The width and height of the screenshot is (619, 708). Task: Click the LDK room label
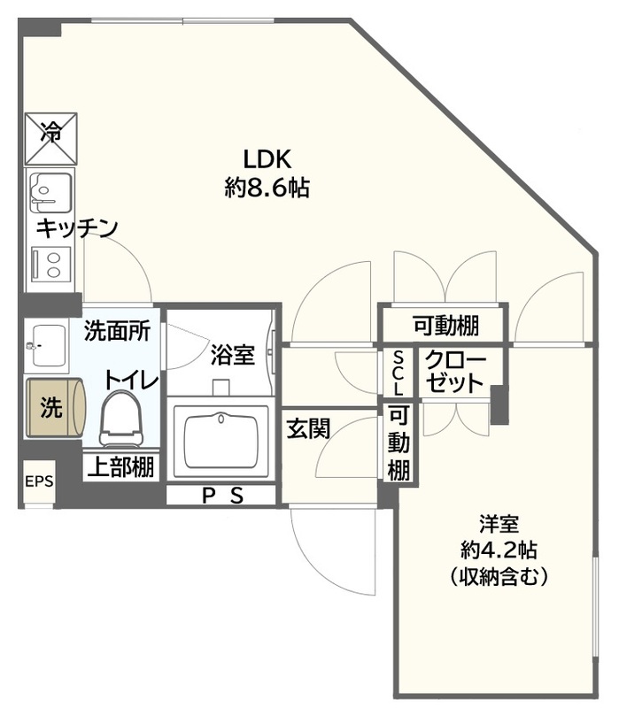pos(267,159)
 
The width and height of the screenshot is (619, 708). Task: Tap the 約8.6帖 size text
pos(267,189)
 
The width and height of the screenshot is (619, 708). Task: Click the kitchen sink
pos(49,189)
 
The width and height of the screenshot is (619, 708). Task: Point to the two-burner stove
pos(50,264)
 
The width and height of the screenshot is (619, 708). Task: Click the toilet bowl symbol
pos(121,419)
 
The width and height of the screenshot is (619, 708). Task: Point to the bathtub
pos(221,441)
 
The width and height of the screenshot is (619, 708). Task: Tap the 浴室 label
pos(233,356)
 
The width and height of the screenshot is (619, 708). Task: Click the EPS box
pos(38,481)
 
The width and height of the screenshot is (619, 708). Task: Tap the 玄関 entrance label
pos(307,429)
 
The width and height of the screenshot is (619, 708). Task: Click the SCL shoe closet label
pos(398,372)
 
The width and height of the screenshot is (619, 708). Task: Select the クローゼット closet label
pos(455,373)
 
